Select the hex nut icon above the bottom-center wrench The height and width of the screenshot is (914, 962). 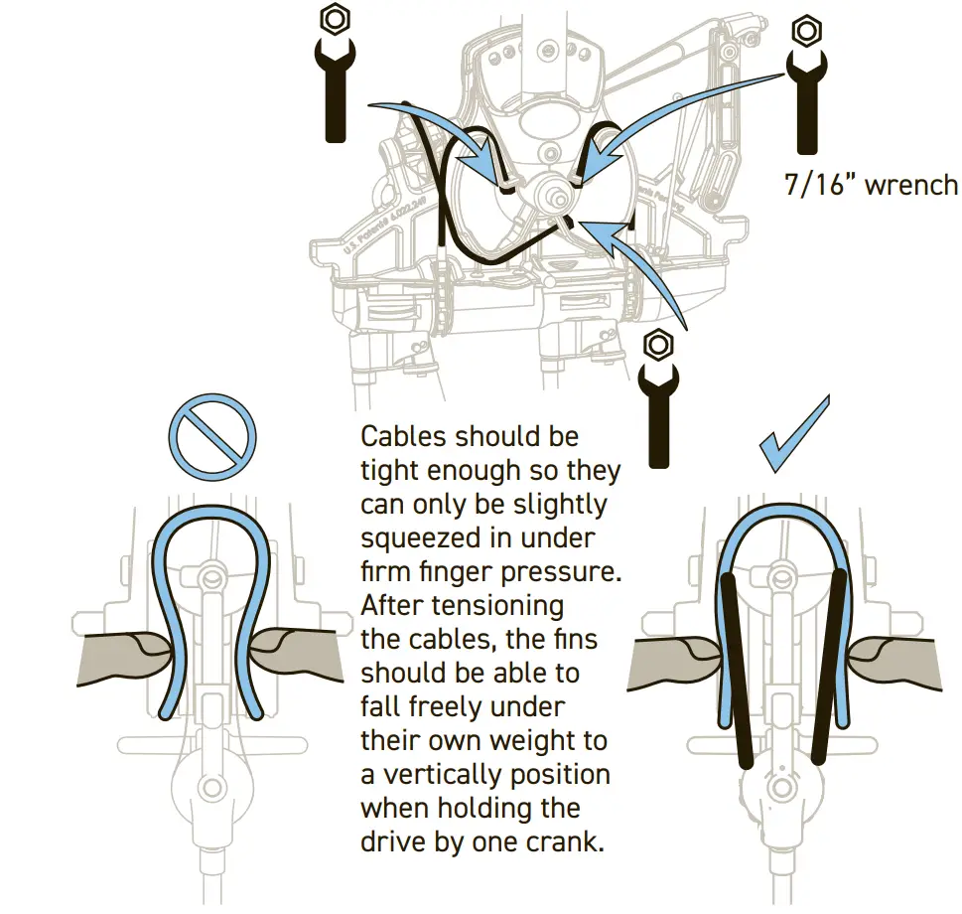pos(656,345)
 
